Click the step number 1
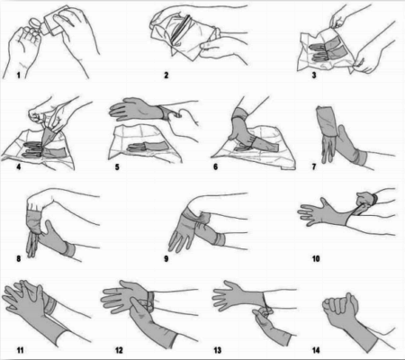tap(19, 75)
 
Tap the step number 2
tap(166, 75)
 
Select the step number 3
tap(314, 75)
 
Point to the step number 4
tap(19, 166)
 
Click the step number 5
tap(117, 166)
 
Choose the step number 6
tap(215, 166)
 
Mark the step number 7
tap(314, 166)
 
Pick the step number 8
tap(19, 258)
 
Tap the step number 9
tap(166, 258)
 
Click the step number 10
tap(316, 258)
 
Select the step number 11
tap(20, 350)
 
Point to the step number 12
tap(119, 350)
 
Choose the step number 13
tap(217, 350)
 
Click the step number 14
tap(316, 350)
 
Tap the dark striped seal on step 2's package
tap(181, 30)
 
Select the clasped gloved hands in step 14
tap(340, 309)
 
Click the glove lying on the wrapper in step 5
tap(147, 147)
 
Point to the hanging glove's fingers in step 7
tap(328, 149)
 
